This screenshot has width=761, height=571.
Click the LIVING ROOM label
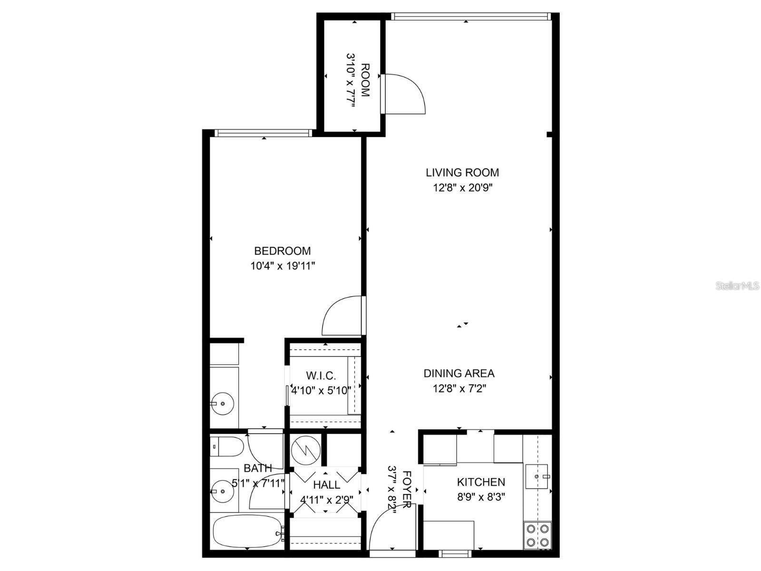click(462, 173)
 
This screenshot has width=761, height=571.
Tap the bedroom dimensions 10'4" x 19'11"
click(283, 266)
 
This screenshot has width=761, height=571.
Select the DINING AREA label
click(459, 374)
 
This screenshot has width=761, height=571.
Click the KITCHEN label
click(481, 482)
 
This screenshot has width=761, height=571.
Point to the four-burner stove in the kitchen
click(537, 535)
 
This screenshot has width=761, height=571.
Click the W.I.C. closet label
click(321, 376)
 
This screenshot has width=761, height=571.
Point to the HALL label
click(327, 485)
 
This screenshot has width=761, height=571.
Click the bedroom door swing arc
click(340, 316)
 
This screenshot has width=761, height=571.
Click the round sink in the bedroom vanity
click(222, 404)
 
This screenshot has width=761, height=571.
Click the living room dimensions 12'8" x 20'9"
click(462, 187)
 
